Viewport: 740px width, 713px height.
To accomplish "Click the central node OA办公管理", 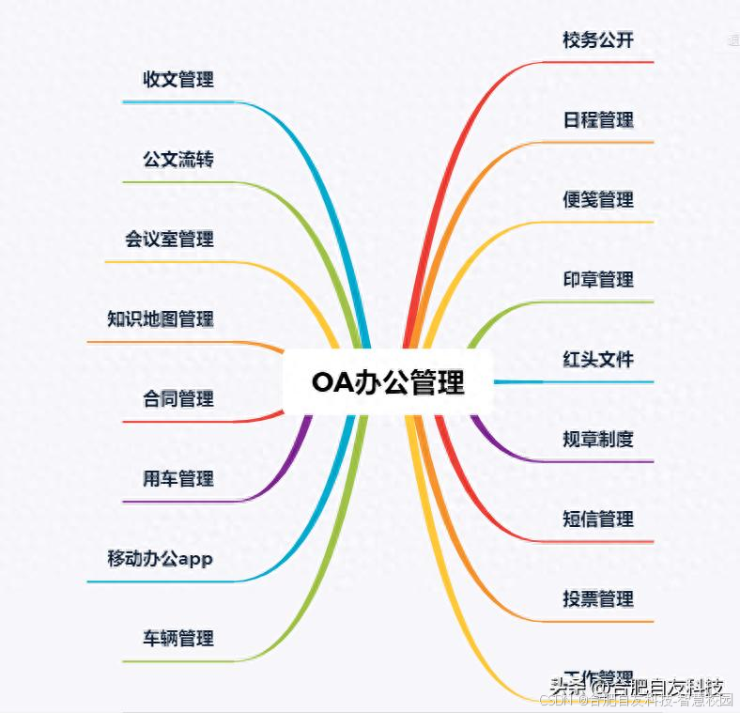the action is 388,382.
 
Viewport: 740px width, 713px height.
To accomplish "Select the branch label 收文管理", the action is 178,80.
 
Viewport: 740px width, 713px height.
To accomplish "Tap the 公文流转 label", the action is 178,160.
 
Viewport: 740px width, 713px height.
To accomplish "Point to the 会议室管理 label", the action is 169,240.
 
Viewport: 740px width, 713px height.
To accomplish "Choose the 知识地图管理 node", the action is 161,319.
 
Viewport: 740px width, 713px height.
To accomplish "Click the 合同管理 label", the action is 178,399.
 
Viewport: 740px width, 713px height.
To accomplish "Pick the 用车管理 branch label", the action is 178,479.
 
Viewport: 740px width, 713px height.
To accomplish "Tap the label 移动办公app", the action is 161,559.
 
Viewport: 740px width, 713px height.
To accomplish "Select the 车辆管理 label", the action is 178,639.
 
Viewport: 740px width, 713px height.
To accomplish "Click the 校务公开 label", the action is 598,40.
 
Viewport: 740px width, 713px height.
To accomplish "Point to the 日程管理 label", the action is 598,120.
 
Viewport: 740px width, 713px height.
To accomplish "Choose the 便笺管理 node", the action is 598,200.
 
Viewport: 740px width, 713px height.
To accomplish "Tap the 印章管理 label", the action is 598,280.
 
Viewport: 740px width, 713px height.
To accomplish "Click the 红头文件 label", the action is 598,360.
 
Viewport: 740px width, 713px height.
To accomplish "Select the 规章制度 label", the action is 598,439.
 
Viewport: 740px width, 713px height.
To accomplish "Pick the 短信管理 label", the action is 598,519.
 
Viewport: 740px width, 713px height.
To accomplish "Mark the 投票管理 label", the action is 598,598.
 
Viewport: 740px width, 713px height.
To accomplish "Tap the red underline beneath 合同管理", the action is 188,422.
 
